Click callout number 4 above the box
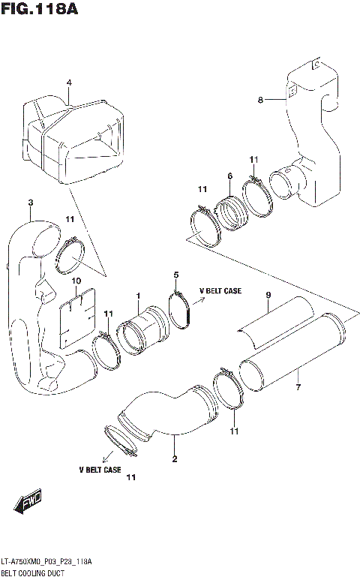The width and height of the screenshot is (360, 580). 68,83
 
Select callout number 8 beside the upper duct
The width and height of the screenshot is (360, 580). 260,99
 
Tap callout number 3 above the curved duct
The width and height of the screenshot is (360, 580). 31,203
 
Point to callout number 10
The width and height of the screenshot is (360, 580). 76,281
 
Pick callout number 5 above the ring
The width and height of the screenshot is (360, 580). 176,275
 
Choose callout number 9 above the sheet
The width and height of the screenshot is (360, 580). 268,296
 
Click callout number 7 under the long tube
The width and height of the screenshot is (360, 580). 298,387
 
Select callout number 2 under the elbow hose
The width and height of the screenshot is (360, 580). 175,458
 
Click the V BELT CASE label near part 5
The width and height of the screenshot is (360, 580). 220,290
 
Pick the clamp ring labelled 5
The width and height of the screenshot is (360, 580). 180,310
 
